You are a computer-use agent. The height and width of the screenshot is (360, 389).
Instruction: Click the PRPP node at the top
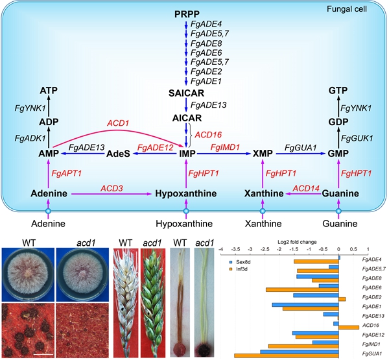[186, 14]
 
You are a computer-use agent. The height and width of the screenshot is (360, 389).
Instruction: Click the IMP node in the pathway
[186, 154]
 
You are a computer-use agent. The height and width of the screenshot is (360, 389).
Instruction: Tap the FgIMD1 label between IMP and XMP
[224, 148]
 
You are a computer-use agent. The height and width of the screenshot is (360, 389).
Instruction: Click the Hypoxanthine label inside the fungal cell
[186, 194]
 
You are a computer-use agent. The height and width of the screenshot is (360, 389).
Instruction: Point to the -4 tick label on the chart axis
[220, 248]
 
